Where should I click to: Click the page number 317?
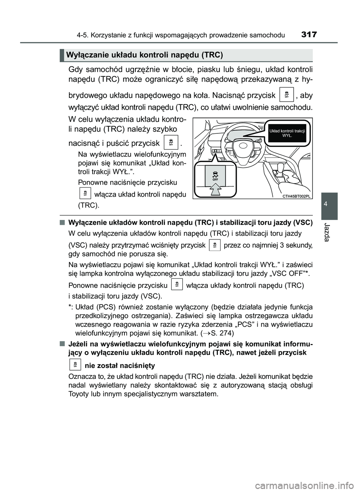coord(309,35)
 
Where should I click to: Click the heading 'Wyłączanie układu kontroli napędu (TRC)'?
coord(144,55)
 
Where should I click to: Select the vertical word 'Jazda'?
coord(329,232)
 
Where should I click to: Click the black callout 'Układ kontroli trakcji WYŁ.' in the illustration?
coord(287,133)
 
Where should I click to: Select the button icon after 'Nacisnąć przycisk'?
coord(286,94)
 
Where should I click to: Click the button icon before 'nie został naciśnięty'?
coord(75,364)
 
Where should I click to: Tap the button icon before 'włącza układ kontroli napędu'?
coord(85,193)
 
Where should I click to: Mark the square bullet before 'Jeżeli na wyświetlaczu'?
coord(61,344)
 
